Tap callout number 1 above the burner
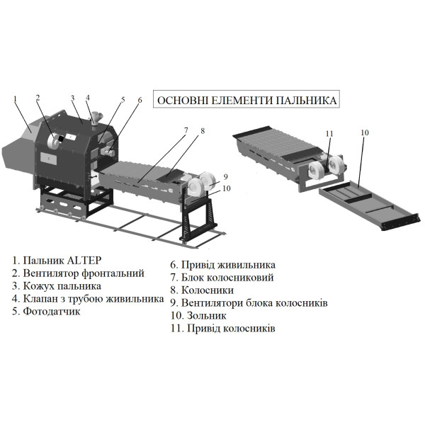[x=15, y=98]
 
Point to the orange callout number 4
[x=88, y=97]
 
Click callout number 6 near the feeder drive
[x=140, y=100]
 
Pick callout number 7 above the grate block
[x=185, y=130]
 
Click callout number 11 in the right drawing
[x=329, y=133]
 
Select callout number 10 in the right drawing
[x=365, y=132]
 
